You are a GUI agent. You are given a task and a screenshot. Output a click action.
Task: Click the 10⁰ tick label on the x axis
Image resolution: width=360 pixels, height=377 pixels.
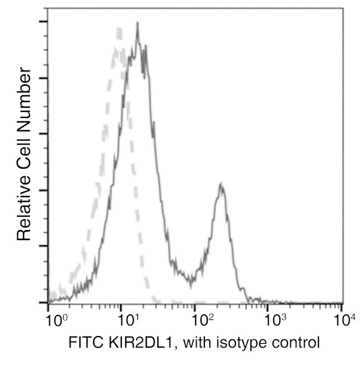[56, 319]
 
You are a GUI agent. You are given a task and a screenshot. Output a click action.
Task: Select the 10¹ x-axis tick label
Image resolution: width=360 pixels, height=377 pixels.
[129, 319]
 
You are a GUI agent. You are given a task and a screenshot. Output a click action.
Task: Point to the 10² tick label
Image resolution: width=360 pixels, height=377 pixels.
[203, 319]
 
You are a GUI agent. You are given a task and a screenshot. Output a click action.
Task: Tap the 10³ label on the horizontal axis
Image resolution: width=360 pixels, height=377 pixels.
[276, 319]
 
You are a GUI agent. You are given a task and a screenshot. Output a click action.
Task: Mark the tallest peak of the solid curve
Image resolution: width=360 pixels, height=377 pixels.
[137, 23]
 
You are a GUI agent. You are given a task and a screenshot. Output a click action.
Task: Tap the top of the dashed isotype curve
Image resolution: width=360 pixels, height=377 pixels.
[119, 28]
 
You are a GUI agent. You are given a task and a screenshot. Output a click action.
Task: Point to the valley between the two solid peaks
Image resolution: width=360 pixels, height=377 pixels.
[191, 282]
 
